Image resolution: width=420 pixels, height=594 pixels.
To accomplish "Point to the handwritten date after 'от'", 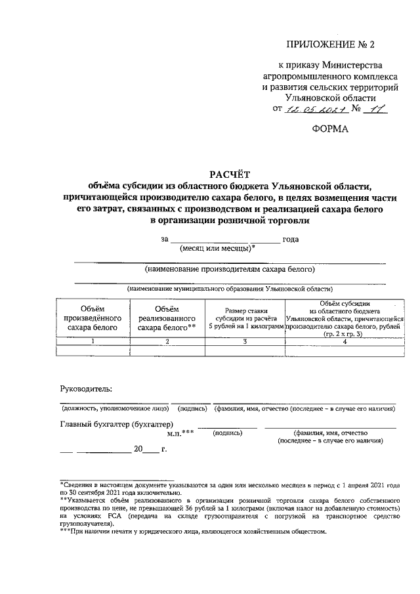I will click(x=312, y=110).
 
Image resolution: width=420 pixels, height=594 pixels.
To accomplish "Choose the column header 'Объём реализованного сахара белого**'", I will click(x=167, y=317).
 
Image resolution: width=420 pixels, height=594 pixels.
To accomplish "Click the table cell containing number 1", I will click(x=93, y=341).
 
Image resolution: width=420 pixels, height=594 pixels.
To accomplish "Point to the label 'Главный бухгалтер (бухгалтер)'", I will click(x=116, y=423).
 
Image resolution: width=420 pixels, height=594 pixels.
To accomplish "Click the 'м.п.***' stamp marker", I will click(x=181, y=434).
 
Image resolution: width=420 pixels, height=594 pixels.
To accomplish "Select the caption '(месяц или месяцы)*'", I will click(x=217, y=248).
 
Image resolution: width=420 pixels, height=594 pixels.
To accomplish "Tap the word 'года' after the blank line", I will click(x=291, y=239).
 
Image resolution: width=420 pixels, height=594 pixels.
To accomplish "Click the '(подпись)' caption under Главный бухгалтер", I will click(x=229, y=434).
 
